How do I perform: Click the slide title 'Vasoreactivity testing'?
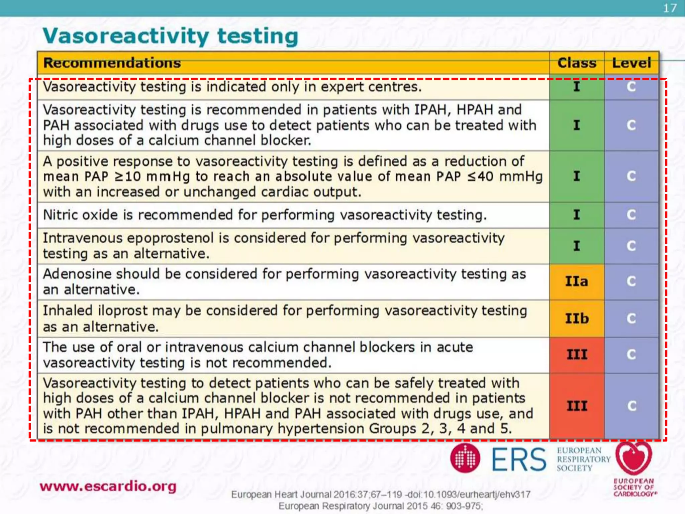pyautogui.click(x=170, y=36)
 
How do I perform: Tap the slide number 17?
pyautogui.click(x=670, y=8)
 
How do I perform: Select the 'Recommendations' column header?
pyautogui.click(x=112, y=63)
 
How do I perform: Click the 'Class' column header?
pyautogui.click(x=577, y=63)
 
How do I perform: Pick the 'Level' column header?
pyautogui.click(x=631, y=63)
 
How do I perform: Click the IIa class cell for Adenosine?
pyautogui.click(x=577, y=281)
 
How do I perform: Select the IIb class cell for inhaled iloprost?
pyautogui.click(x=577, y=318)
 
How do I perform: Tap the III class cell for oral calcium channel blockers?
pyautogui.click(x=577, y=354)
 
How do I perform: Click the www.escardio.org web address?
pyautogui.click(x=108, y=486)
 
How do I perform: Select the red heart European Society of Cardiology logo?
pyautogui.click(x=633, y=458)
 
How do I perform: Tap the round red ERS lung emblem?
pyautogui.click(x=465, y=458)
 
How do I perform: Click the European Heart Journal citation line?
pyautogui.click(x=381, y=495)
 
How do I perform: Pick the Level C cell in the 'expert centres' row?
pyautogui.click(x=631, y=87)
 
